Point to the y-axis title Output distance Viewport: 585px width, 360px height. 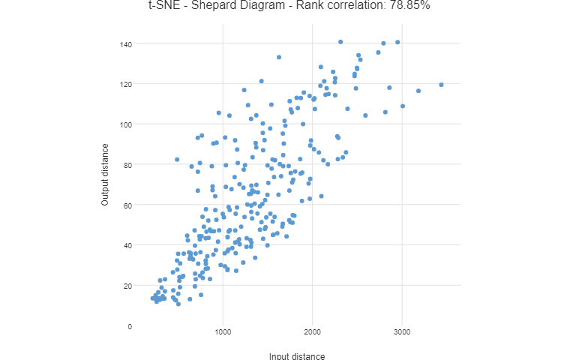click(106, 175)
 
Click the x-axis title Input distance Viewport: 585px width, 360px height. click(297, 355)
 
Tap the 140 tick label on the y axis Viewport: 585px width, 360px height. click(125, 44)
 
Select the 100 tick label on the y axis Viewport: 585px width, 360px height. click(125, 124)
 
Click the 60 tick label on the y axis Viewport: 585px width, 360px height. click(127, 205)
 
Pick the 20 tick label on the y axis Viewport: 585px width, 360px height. click(127, 286)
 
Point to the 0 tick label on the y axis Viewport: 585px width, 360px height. click(130, 326)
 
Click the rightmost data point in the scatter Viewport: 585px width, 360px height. click(441, 85)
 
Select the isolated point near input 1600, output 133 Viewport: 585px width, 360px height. click(279, 57)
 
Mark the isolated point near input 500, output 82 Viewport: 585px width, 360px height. click(177, 160)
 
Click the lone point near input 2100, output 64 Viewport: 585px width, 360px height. click(321, 196)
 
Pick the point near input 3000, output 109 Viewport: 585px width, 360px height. click(403, 106)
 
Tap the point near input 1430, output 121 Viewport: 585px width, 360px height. click(262, 81)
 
